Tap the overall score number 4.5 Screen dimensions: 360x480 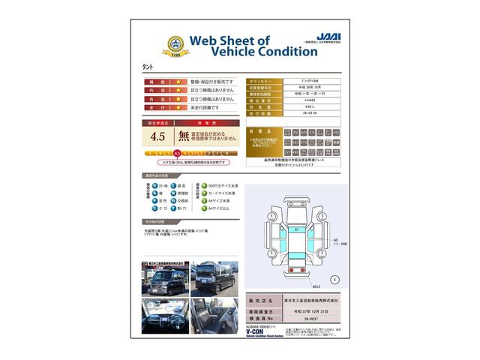(x=157, y=136)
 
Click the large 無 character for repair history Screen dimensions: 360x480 (x=184, y=136)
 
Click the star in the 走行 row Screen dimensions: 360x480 (x=178, y=107)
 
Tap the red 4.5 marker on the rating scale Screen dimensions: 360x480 (x=177, y=153)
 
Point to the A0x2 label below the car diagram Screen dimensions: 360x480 (x=295, y=286)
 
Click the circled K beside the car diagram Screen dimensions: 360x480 (x=334, y=279)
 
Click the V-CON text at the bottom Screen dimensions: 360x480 (x=257, y=331)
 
